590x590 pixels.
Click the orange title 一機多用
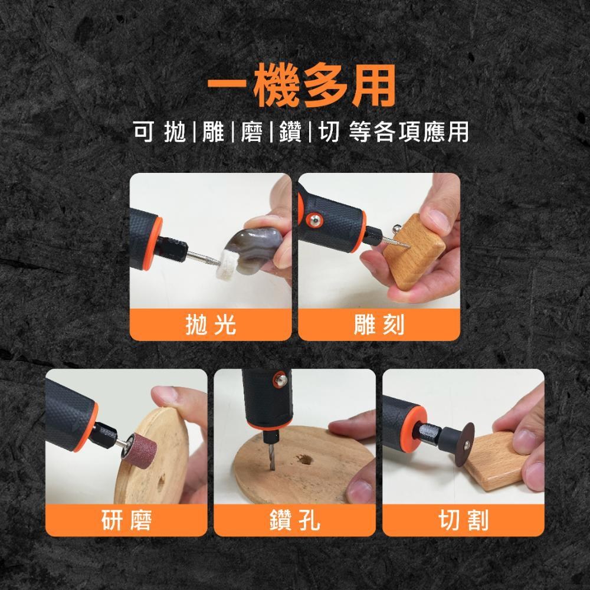[x=301, y=86]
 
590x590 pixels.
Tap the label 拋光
[x=211, y=324]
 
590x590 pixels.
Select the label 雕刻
[x=379, y=324]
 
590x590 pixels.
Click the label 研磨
[x=126, y=520]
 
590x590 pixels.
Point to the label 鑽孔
[x=294, y=520]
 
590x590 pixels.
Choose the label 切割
[x=463, y=520]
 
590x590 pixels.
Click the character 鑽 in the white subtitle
[x=290, y=132]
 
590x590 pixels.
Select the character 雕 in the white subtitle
[x=214, y=132]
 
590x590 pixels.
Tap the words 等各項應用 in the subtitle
[x=408, y=132]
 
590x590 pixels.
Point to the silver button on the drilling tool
[x=280, y=379]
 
